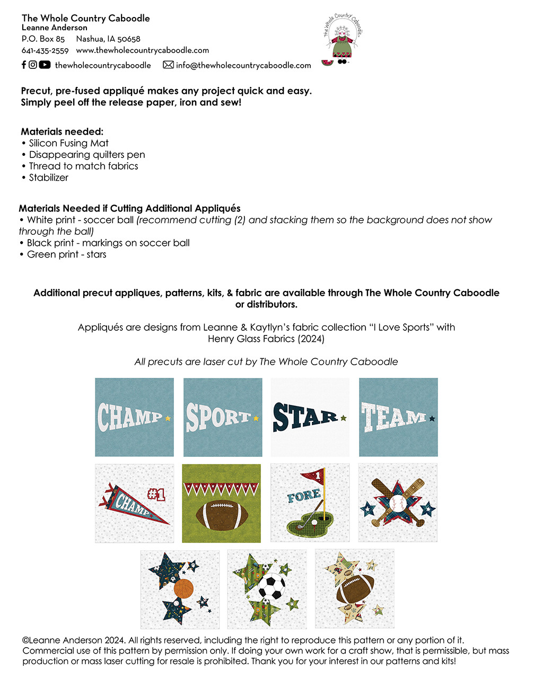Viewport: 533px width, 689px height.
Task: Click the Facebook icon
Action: [x=24, y=65]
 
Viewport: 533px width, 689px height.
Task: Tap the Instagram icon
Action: [x=33, y=65]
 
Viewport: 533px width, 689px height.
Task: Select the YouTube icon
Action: [x=45, y=65]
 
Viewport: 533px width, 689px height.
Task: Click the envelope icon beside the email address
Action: [x=168, y=65]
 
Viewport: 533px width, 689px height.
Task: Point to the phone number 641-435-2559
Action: [x=45, y=50]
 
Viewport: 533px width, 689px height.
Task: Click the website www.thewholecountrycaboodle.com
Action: [x=142, y=50]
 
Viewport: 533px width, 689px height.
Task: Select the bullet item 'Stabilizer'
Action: [x=48, y=178]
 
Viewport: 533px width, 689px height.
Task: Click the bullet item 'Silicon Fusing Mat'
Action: [x=68, y=143]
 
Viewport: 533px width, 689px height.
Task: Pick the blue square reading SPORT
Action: [x=223, y=417]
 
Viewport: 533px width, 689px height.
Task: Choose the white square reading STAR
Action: [x=310, y=417]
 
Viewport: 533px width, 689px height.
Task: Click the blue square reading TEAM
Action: [x=398, y=417]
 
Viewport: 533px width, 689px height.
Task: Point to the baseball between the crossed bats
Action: [x=397, y=503]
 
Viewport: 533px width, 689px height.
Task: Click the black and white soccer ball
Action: [x=272, y=587]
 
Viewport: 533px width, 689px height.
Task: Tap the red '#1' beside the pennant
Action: [x=156, y=494]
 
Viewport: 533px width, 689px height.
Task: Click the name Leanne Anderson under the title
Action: [x=55, y=28]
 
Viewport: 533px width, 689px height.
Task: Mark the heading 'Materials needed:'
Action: [x=62, y=131]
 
